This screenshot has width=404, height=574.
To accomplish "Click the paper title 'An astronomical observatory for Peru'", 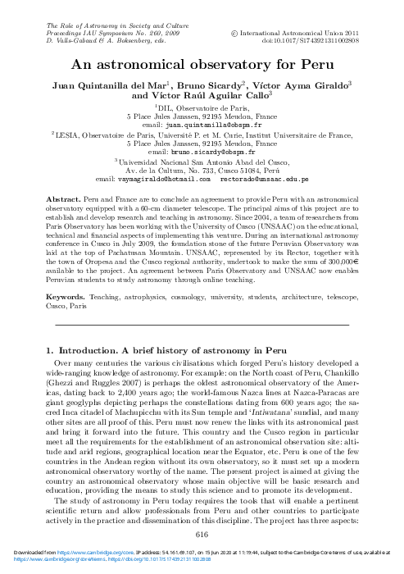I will click(201, 64).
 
